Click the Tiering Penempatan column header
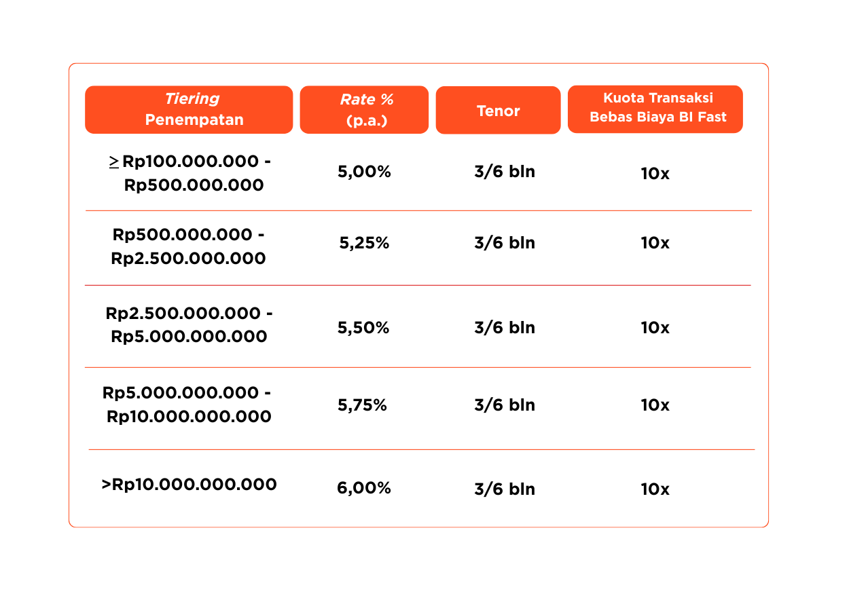[x=189, y=109]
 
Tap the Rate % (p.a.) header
[x=364, y=109]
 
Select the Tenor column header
[x=498, y=110]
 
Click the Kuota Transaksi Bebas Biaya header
[x=655, y=109]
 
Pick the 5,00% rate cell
[x=364, y=172]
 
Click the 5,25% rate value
[x=364, y=243]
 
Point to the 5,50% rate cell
[x=363, y=328]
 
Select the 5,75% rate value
[x=362, y=405]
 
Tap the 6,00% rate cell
[x=364, y=488]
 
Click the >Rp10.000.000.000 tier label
[x=189, y=485]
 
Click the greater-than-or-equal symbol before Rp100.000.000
[x=113, y=162]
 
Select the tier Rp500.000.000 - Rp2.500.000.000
[x=188, y=246]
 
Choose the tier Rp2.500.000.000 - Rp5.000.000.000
[x=189, y=324]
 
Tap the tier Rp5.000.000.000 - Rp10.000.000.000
[x=187, y=405]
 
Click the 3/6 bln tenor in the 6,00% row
[x=505, y=489]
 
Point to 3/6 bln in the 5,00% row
[x=505, y=172]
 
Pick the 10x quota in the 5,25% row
[x=655, y=243]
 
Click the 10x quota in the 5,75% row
[x=655, y=405]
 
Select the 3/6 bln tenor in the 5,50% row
[x=505, y=328]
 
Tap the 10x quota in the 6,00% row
[x=655, y=489]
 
